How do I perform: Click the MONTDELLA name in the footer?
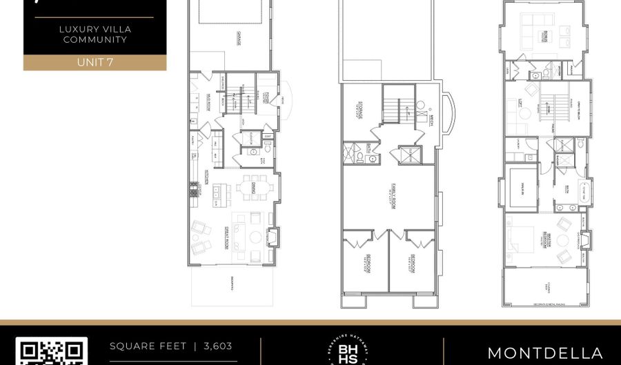pos(545,353)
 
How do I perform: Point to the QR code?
pos(52,352)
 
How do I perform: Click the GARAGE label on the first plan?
pos(239,40)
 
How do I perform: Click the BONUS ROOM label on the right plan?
pos(544,36)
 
